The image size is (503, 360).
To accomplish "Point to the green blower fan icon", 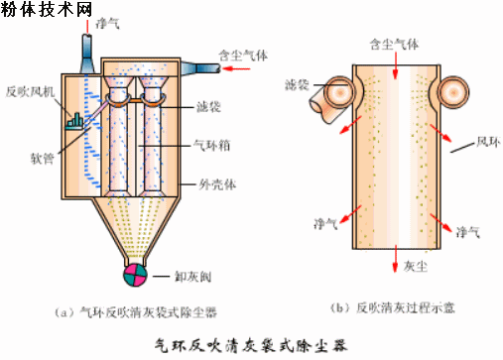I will (73, 121).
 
